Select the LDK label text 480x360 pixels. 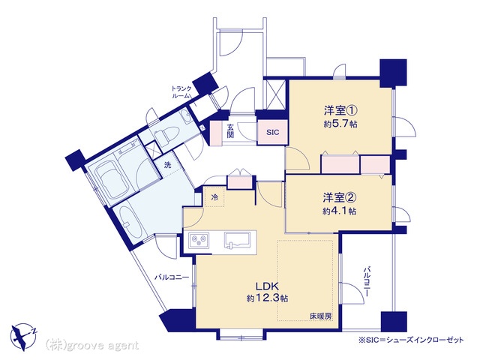(x=267, y=286)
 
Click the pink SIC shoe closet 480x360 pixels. (x=273, y=132)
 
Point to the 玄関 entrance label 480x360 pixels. (x=230, y=131)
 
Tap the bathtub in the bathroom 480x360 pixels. (x=111, y=183)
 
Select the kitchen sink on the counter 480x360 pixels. (x=237, y=239)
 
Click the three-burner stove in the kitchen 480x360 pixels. (x=199, y=239)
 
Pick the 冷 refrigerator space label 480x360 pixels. (x=215, y=198)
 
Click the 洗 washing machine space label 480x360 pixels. (x=168, y=165)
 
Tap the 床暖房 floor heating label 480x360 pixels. (x=321, y=316)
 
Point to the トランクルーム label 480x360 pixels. (x=181, y=92)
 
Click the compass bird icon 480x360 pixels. (x=23, y=336)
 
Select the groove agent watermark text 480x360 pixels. (x=92, y=346)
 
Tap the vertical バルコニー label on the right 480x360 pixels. (x=367, y=282)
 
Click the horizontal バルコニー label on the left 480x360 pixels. (x=172, y=277)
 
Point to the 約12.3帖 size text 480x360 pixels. (x=267, y=298)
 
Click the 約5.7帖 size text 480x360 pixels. (x=340, y=124)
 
